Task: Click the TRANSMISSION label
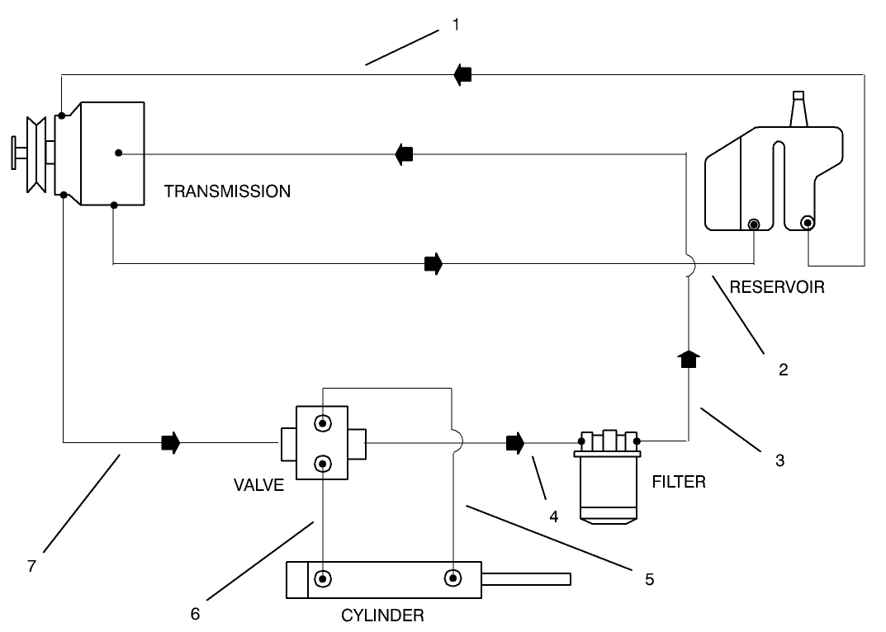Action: (227, 191)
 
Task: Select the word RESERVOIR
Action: (776, 288)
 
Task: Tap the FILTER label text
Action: (679, 481)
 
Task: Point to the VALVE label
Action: (258, 485)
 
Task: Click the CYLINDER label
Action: (382, 615)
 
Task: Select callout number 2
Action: (783, 370)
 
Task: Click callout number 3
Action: (779, 460)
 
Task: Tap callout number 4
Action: (553, 517)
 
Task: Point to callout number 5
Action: (649, 579)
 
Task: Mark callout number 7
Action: (31, 568)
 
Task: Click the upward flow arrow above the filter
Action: (688, 359)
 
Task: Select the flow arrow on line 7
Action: (170, 443)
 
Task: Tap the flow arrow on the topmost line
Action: (462, 74)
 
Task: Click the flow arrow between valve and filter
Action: (515, 443)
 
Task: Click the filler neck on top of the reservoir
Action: (798, 110)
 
